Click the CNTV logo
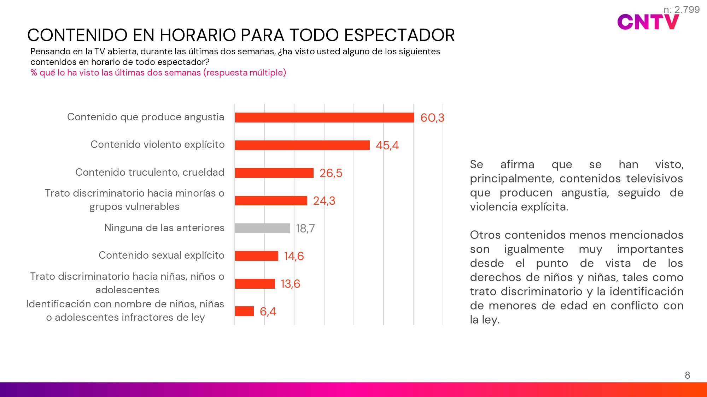pos(648,22)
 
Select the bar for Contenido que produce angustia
pos(324,118)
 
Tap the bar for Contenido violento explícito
pos(302,145)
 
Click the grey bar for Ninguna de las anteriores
pos(262,228)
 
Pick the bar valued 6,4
pos(244,311)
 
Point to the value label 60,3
pos(432,118)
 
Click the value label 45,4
pos(387,145)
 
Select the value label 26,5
pos(331,173)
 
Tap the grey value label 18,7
pos(305,229)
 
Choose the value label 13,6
pos(290,284)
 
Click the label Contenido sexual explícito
pos(161,255)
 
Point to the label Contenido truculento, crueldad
pos(150,172)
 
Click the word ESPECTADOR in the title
pos(399,35)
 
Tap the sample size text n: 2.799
pos(682,10)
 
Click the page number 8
pos(687,375)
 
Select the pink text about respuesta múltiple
pos(158,73)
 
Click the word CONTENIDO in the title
pos(77,35)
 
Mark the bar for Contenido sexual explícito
pos(256,256)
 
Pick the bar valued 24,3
pos(271,200)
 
